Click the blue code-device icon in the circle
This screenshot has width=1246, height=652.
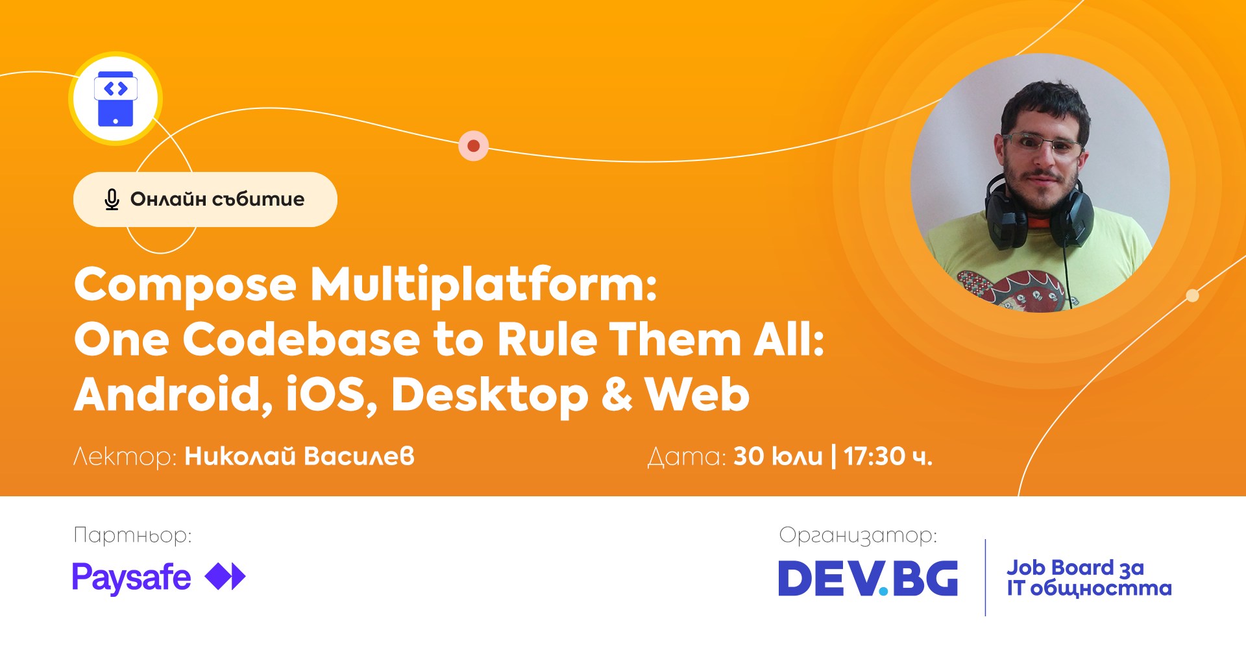point(116,99)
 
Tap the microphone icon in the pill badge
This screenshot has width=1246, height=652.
point(112,200)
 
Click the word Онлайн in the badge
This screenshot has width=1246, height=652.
point(167,199)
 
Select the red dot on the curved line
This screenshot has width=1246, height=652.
point(474,146)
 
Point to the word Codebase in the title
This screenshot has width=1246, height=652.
point(302,339)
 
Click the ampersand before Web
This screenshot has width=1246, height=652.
point(617,394)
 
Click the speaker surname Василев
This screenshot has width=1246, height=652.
point(359,456)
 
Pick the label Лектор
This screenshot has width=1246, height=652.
point(125,457)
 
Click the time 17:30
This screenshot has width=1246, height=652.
point(874,456)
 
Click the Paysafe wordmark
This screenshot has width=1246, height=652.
point(131,578)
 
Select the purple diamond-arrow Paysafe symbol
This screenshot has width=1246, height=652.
point(225,577)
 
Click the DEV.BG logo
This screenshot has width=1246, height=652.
point(868,578)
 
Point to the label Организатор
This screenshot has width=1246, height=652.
point(858,536)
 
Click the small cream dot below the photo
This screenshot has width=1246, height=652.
point(1192,296)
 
